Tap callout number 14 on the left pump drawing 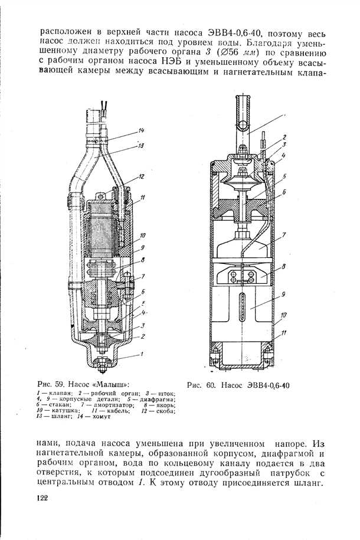(x=142, y=130)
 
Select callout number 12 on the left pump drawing (x=142, y=176)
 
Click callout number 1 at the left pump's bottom (x=141, y=354)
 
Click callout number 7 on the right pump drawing (x=284, y=234)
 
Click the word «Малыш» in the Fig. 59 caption (x=114, y=384)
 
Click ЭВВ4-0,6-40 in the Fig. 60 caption (x=269, y=385)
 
